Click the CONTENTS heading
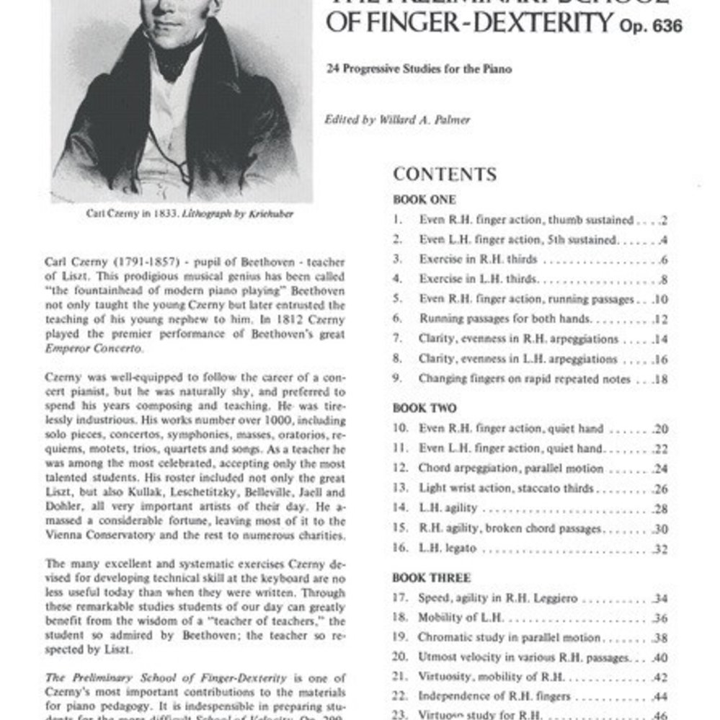pyautogui.click(x=445, y=174)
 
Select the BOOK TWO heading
pyautogui.click(x=425, y=408)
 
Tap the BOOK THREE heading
pyautogui.click(x=431, y=578)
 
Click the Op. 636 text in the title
pyautogui.click(x=651, y=27)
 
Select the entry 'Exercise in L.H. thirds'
pyautogui.click(x=478, y=279)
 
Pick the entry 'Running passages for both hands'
pyautogui.click(x=505, y=319)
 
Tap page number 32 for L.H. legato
pyautogui.click(x=660, y=549)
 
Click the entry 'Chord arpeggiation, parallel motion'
pyautogui.click(x=511, y=468)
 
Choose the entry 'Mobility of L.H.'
pyautogui.click(x=461, y=618)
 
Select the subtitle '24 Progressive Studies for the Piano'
pyautogui.click(x=419, y=69)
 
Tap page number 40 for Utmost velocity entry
pyautogui.click(x=660, y=657)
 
